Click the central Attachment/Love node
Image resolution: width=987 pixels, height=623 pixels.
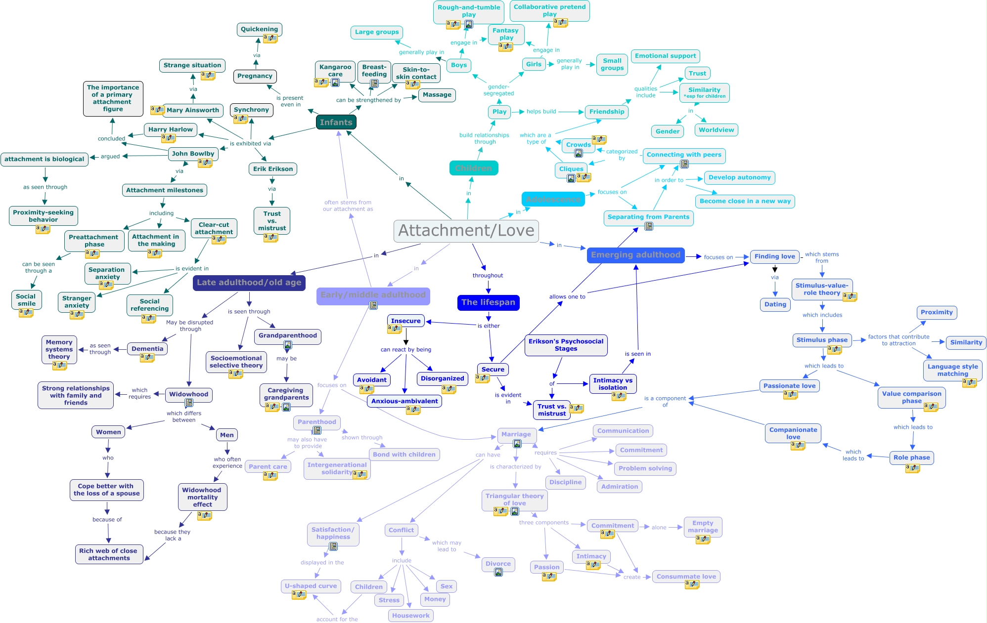466,231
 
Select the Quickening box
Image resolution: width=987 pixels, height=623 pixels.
259,29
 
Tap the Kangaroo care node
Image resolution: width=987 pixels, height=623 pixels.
335,70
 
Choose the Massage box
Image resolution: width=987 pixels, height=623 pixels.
437,95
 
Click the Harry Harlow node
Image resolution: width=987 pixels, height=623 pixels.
170,129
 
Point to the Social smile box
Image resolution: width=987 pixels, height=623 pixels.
26,300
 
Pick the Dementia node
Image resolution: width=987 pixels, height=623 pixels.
147,348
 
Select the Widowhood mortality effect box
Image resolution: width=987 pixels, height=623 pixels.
202,497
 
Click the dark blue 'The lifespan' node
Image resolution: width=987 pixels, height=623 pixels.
488,302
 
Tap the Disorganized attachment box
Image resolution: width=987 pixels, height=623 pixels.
442,378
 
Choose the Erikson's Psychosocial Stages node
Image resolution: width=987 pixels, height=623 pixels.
566,345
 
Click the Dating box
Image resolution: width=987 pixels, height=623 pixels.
775,304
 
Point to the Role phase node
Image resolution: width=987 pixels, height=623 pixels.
911,457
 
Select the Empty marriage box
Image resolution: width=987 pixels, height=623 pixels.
703,527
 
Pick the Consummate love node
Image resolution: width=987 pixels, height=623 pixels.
686,576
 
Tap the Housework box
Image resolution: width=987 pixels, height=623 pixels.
410,616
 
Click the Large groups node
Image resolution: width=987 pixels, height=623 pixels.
376,32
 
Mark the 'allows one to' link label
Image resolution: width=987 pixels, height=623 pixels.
567,297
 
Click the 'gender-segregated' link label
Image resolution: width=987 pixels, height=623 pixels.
498,90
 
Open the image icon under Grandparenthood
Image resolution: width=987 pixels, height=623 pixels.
287,345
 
